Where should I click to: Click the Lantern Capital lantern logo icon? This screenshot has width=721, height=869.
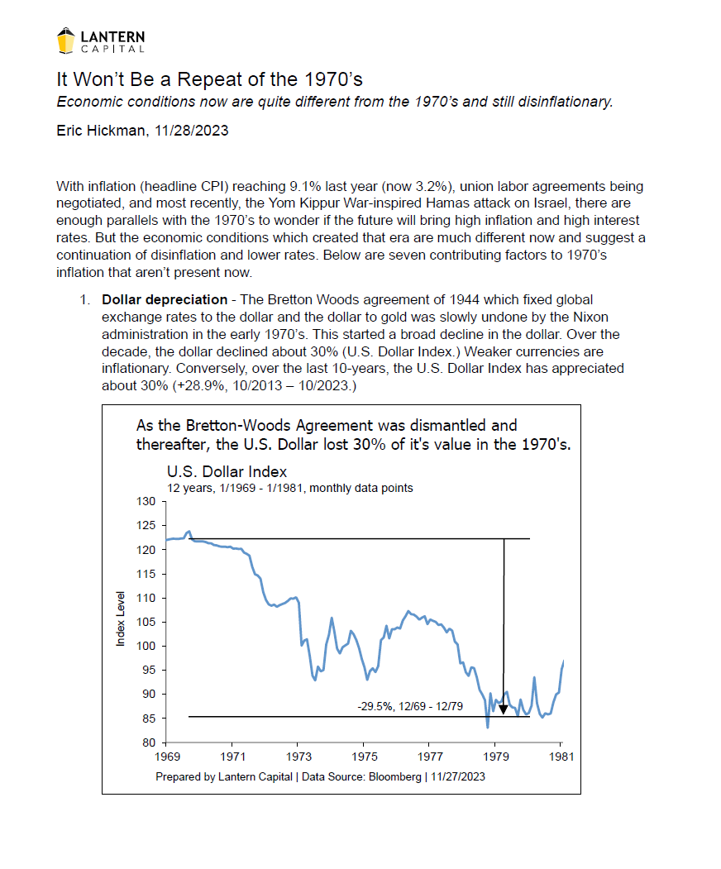(x=66, y=40)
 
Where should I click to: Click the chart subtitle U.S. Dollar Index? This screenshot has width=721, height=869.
(x=227, y=472)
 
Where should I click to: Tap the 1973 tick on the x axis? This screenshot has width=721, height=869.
(x=298, y=757)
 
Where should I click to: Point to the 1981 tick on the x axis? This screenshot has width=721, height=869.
(x=561, y=757)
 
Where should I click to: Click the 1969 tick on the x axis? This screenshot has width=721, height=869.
(x=167, y=757)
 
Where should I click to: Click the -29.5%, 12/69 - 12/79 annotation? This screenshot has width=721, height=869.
(x=408, y=707)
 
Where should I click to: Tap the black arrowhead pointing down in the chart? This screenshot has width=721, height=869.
(x=504, y=709)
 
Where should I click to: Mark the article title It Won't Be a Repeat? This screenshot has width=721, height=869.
(x=210, y=80)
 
